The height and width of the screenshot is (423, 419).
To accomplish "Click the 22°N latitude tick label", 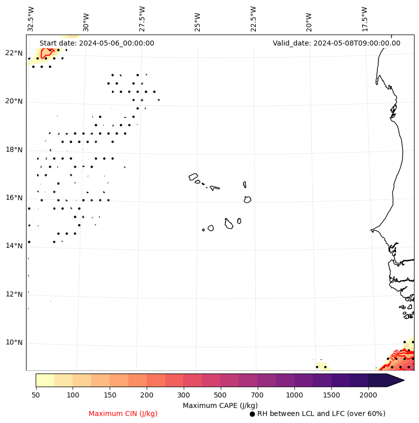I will (x=14, y=53).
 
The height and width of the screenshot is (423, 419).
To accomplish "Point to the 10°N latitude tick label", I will (x=14, y=342).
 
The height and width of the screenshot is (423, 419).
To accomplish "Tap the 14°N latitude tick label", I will (x=14, y=246).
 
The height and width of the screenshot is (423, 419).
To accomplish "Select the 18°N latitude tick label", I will (x=14, y=150).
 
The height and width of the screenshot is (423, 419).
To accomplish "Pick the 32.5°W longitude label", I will (x=31, y=19).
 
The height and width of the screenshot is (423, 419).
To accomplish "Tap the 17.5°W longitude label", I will (x=364, y=19).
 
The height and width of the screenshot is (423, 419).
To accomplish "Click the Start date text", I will (x=97, y=43).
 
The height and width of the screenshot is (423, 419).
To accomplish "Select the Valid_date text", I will (x=336, y=43).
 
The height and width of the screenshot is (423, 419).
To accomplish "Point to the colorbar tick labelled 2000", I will (x=368, y=395).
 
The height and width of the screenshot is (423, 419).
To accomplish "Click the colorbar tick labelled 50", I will (x=36, y=395).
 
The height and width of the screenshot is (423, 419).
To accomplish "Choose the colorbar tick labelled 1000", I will (x=294, y=395).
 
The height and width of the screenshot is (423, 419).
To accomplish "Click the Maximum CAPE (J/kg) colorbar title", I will (x=220, y=405).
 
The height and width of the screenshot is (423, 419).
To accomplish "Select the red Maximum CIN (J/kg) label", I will (x=123, y=413).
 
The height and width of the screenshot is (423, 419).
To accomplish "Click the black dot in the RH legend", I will (x=252, y=414).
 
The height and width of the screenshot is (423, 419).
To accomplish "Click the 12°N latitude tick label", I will (x=14, y=294).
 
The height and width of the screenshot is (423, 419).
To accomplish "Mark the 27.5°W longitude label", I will (x=142, y=19).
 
